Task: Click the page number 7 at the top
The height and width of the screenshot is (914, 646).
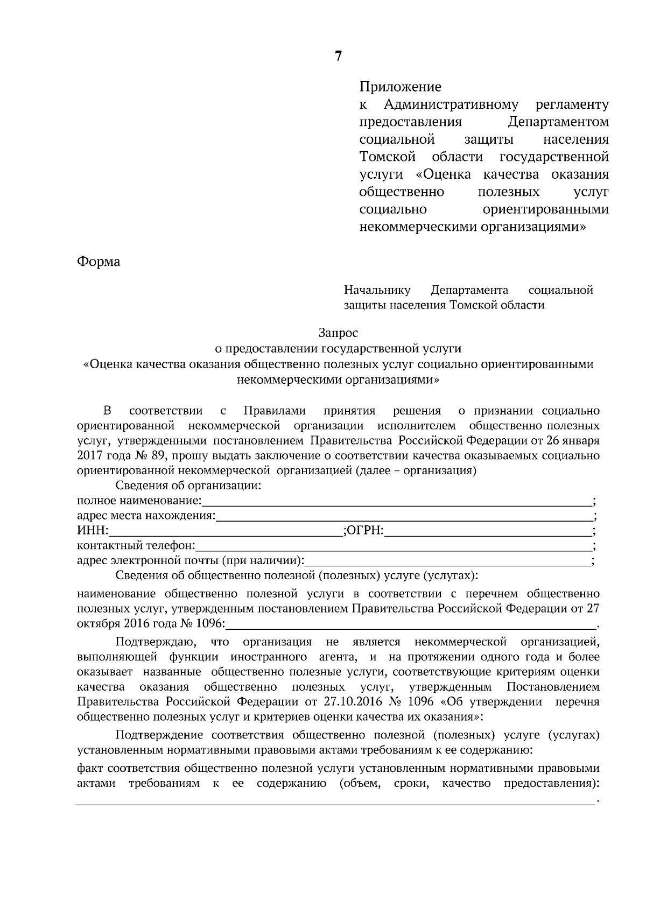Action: click(x=338, y=57)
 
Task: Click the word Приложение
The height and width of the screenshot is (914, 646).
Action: click(x=400, y=87)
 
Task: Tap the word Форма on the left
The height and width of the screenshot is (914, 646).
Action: click(x=99, y=262)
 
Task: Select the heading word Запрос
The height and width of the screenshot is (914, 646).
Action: click(x=338, y=334)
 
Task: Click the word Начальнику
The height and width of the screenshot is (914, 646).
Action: click(x=377, y=291)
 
